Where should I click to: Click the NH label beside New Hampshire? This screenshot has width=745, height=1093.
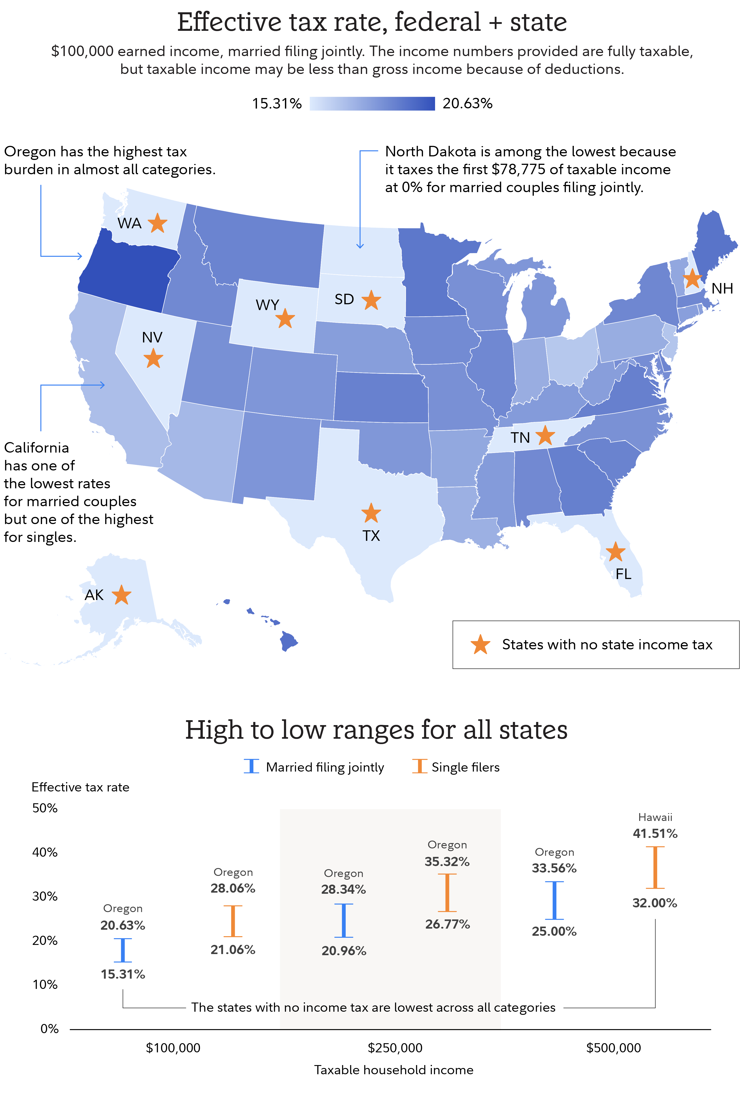pos(722,288)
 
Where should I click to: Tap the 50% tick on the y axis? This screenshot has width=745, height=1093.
pos(45,808)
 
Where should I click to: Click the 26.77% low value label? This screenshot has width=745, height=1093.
pos(447,924)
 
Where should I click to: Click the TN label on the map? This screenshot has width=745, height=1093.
pos(520,438)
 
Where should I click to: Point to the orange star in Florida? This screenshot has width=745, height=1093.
pos(615,552)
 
